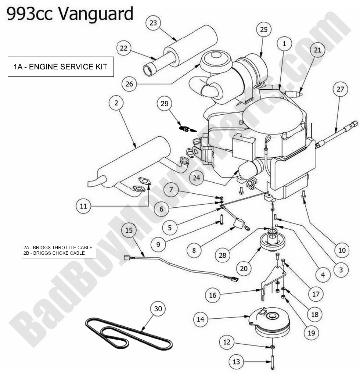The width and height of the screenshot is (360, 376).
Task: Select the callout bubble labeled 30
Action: pos(158,309)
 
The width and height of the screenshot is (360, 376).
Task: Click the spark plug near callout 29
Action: pos(187,129)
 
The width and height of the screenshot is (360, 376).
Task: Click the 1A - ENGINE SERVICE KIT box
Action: pos(61,67)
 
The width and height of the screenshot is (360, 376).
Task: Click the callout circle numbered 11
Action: pos(83,206)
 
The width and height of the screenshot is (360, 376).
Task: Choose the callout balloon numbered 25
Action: pos(264,29)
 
